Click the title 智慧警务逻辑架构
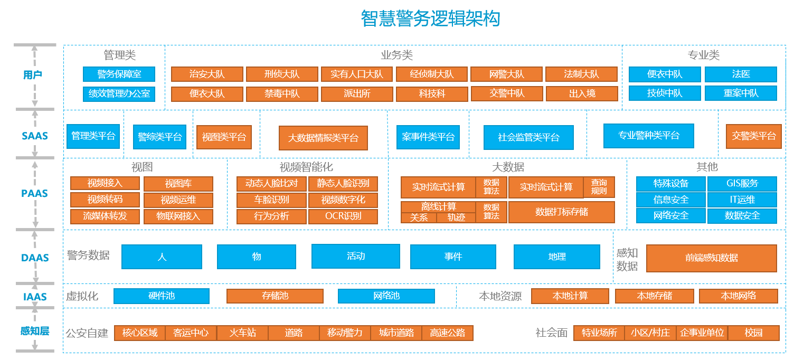click(x=430, y=18)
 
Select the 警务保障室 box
click(x=119, y=74)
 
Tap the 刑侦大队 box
click(x=282, y=74)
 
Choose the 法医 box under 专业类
click(x=741, y=74)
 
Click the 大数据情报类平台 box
click(x=323, y=138)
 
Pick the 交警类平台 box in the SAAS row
click(x=753, y=136)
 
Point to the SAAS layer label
click(x=35, y=136)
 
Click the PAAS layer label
click(x=34, y=194)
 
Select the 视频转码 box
click(x=105, y=200)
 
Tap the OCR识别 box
click(x=343, y=216)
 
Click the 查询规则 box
click(x=599, y=187)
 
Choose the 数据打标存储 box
click(x=562, y=212)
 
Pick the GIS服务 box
click(x=742, y=183)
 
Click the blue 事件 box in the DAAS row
click(x=453, y=257)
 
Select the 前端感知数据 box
click(x=712, y=258)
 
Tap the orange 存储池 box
click(x=275, y=296)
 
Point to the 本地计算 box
click(x=570, y=296)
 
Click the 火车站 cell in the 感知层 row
click(x=242, y=333)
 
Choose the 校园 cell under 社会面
click(x=753, y=333)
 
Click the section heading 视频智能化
click(x=306, y=167)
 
